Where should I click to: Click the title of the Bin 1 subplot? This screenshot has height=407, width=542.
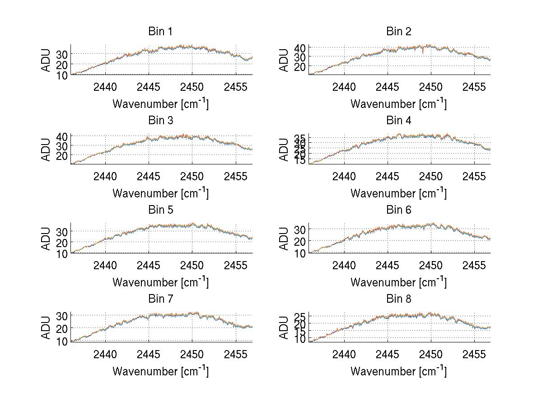[x=160, y=32]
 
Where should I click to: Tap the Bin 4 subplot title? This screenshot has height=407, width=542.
[x=398, y=121]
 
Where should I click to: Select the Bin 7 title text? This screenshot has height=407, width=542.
[x=160, y=299]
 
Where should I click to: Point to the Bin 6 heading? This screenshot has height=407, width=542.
[x=398, y=210]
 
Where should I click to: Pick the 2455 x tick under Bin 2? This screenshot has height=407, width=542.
[x=474, y=87]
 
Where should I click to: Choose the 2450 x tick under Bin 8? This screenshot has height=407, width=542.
[x=430, y=354]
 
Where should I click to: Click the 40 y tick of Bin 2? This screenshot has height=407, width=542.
[x=300, y=47]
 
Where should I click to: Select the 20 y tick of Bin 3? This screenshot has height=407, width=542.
[x=62, y=155]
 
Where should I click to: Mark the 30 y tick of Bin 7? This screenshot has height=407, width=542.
[x=62, y=315]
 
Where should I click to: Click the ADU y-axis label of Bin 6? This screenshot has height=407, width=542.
[x=284, y=239]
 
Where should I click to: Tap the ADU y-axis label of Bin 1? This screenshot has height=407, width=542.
[x=46, y=60]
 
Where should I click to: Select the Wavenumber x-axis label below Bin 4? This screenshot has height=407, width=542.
[x=398, y=193]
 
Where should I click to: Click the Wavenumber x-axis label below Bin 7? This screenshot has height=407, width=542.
[x=160, y=371]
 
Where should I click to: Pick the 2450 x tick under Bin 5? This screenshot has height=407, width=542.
[x=192, y=265]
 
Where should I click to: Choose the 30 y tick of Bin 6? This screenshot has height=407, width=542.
[x=300, y=229]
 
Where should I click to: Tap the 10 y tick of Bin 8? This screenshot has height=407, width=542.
[x=300, y=339]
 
